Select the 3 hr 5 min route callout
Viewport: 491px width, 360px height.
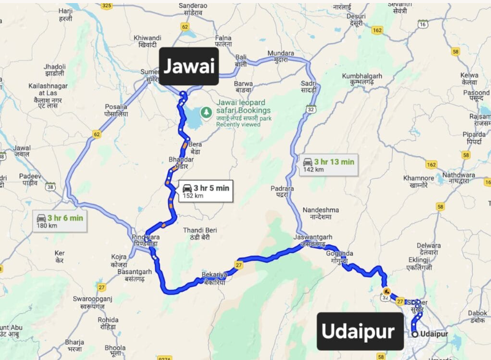(206, 192)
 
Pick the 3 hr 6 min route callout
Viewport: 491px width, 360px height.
(60, 221)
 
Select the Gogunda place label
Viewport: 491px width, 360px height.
(340, 257)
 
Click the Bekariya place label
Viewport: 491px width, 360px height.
(214, 278)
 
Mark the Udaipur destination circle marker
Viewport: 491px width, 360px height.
(416, 334)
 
